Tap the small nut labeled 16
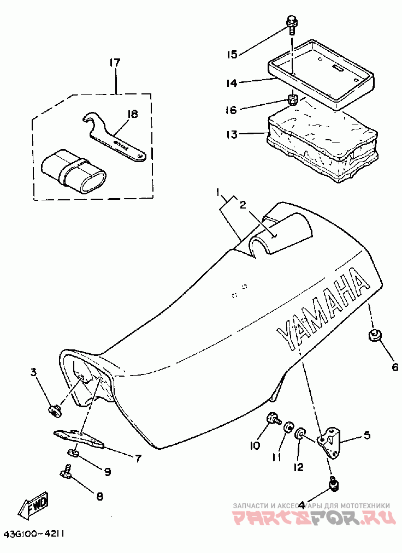tap(293, 100)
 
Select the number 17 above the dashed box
tap(114, 63)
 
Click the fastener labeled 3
tap(54, 409)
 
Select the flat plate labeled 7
tap(80, 437)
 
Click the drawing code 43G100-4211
tap(34, 534)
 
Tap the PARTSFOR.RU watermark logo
tap(312, 519)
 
